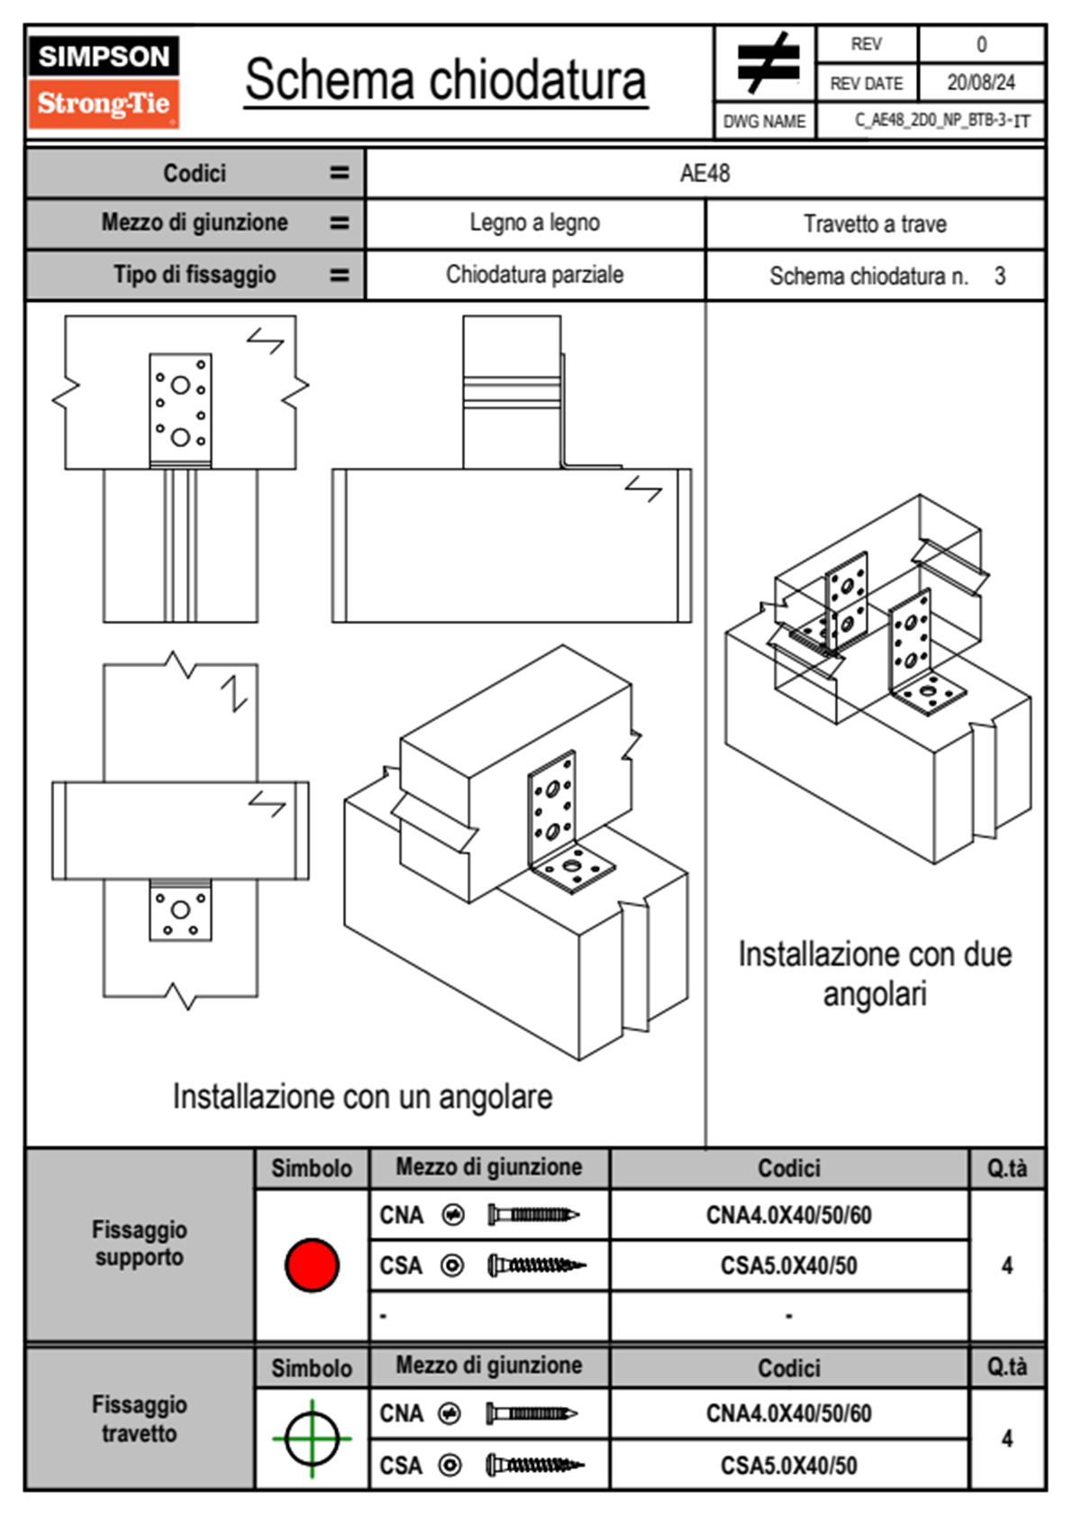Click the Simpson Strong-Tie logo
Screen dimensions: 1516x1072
click(x=103, y=81)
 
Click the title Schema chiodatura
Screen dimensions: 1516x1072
click(x=445, y=80)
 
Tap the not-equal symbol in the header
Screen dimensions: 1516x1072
click(x=768, y=63)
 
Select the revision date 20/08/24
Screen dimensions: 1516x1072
click(x=980, y=83)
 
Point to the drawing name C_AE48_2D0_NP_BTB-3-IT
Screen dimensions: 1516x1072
click(x=941, y=121)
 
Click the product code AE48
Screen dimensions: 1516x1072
click(x=704, y=173)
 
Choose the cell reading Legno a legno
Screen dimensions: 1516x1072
click(x=534, y=223)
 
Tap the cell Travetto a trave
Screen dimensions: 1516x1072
click(x=875, y=224)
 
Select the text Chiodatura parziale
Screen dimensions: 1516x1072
click(x=534, y=275)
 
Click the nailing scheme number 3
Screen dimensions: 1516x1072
click(x=999, y=276)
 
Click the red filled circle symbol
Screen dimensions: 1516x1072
click(x=312, y=1265)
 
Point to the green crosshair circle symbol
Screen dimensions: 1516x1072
click(x=312, y=1438)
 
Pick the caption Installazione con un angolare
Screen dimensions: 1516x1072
click(x=362, y=1097)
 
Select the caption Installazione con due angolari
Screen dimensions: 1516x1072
click(x=875, y=974)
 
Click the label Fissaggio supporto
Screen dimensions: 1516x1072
click(x=140, y=1243)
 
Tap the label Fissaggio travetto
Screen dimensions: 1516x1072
click(x=140, y=1419)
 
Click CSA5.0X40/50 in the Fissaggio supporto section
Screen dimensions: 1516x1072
click(x=788, y=1265)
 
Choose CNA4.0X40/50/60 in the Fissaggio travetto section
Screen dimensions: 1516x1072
click(x=788, y=1413)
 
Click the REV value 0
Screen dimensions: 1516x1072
click(x=981, y=44)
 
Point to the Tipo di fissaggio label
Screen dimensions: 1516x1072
click(x=195, y=275)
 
